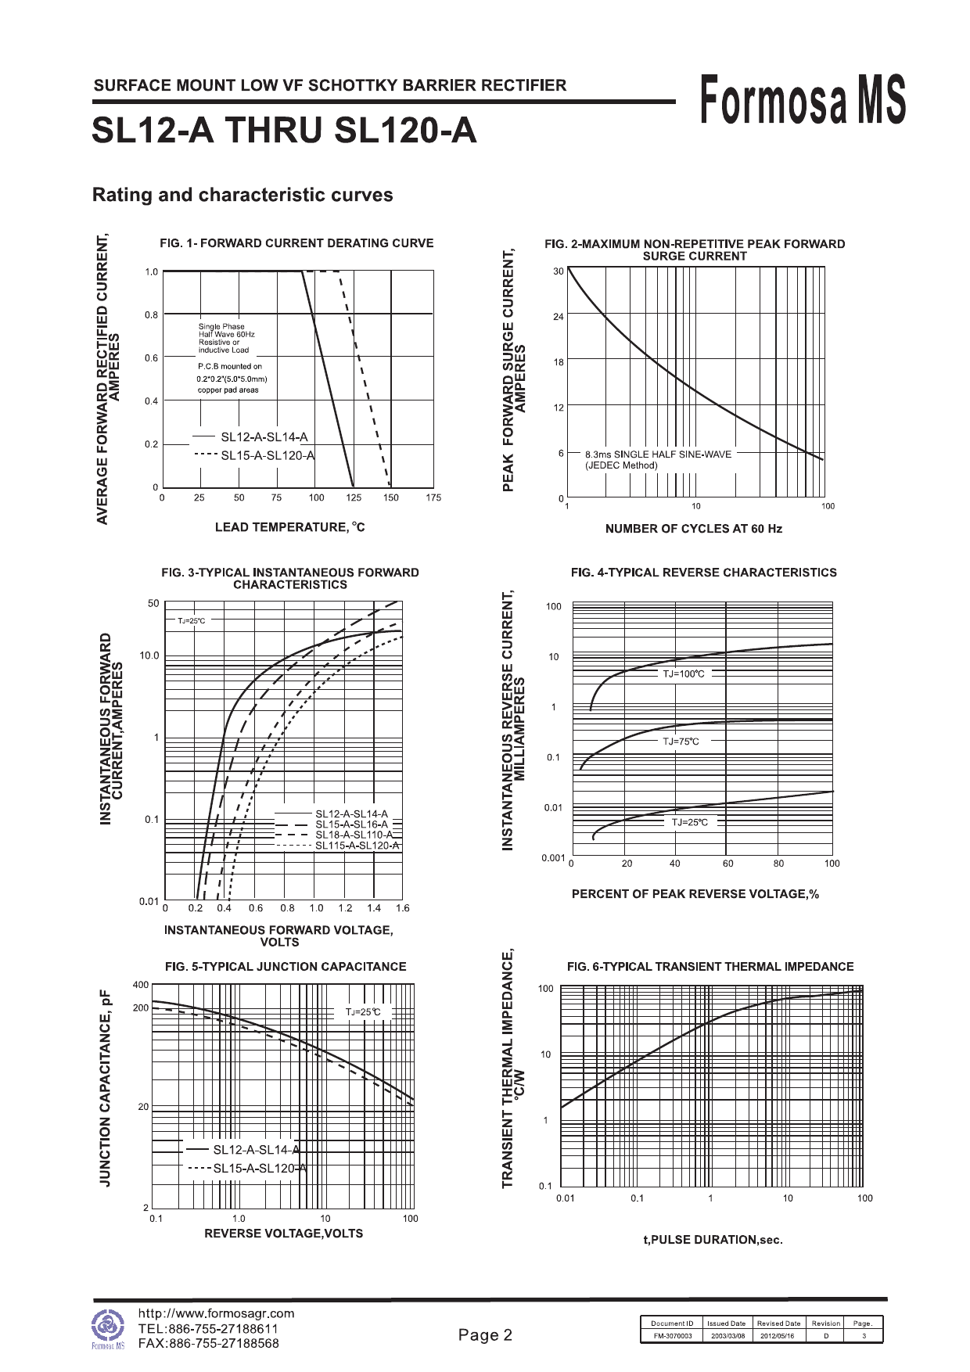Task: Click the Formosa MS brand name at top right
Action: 803,100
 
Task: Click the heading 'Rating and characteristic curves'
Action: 242,195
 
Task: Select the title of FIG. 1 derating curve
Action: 296,243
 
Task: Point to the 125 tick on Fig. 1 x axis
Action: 354,497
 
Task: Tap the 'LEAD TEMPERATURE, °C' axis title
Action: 289,527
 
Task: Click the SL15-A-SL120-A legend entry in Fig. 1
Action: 267,455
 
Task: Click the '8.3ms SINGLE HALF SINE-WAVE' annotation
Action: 658,454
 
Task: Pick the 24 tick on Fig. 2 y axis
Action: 558,317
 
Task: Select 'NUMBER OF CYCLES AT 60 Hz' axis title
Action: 693,529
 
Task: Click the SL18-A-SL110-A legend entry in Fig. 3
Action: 354,835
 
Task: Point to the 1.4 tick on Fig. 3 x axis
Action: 374,908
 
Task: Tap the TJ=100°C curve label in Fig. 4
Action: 683,674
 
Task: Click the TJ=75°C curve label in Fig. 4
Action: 681,742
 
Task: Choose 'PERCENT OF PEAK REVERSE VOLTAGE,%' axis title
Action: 695,894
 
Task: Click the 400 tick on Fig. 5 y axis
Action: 141,985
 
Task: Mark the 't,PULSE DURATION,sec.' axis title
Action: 713,1240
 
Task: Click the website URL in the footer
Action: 216,1313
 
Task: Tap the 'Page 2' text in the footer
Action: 485,1335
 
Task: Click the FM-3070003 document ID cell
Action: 672,1336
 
